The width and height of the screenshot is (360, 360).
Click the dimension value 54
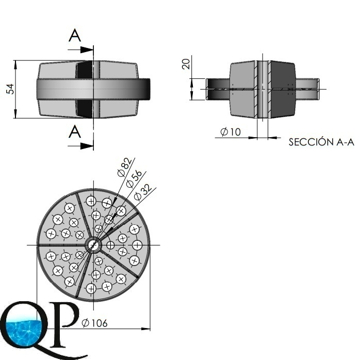[10, 89]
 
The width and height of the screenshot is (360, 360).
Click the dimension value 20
[186, 63]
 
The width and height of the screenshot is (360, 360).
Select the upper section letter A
[75, 36]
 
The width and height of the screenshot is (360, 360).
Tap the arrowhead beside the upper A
[88, 50]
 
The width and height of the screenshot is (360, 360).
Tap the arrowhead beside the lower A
[88, 146]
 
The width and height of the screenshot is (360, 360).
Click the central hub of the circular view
[93, 244]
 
